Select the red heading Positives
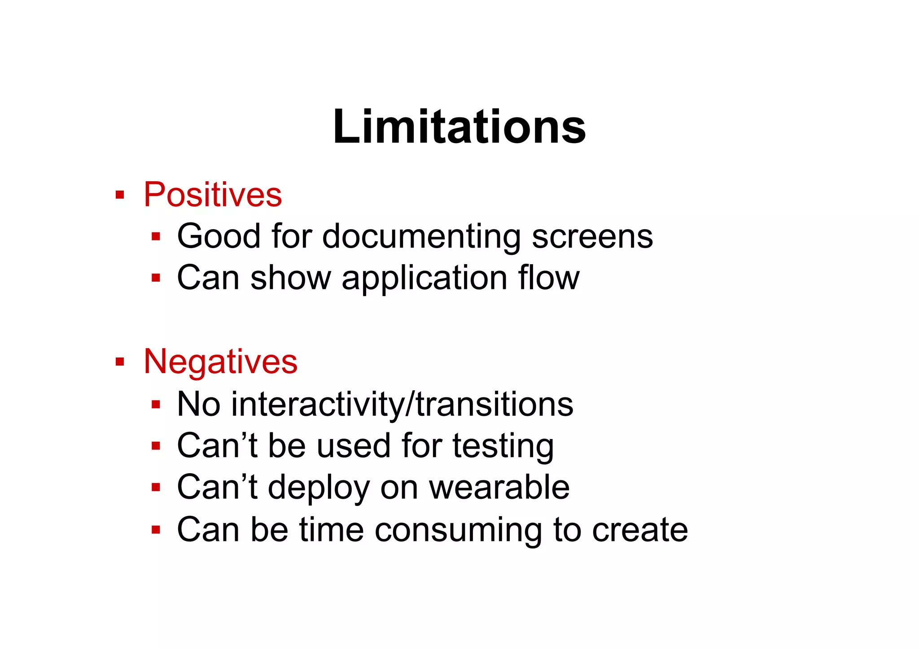(213, 195)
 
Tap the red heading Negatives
(220, 362)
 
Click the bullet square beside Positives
(119, 195)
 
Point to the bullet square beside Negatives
(119, 362)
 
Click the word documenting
(421, 236)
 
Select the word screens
(592, 236)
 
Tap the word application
(424, 279)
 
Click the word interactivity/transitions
(402, 404)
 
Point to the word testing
(503, 446)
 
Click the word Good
(219, 236)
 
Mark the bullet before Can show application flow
(156, 278)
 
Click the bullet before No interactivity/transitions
(156, 405)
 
